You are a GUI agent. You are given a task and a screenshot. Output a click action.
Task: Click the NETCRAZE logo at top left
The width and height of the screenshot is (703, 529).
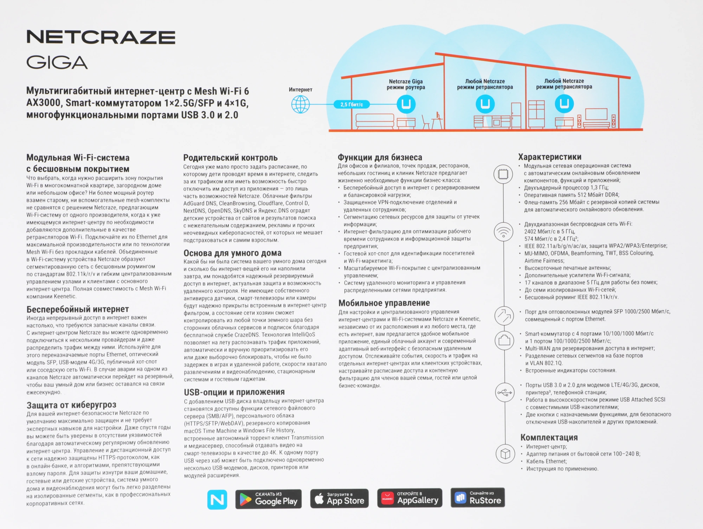(x=101, y=37)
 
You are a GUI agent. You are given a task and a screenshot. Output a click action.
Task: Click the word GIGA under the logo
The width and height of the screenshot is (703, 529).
(x=57, y=63)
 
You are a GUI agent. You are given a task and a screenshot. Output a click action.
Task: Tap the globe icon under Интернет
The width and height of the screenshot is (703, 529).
(x=300, y=104)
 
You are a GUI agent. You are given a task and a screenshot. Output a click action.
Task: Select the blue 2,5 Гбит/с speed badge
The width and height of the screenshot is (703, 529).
(x=351, y=104)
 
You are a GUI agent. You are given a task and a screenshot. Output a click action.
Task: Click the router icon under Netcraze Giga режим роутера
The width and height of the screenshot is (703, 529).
(x=406, y=104)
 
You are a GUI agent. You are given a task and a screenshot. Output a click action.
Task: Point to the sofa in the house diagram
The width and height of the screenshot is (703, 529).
(x=375, y=121)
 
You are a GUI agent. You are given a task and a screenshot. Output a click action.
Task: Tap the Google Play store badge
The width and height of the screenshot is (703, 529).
(x=269, y=499)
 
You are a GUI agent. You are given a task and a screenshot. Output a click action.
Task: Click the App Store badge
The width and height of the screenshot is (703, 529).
(x=339, y=499)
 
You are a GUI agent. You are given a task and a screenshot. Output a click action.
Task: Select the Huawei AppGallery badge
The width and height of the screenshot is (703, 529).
(x=409, y=498)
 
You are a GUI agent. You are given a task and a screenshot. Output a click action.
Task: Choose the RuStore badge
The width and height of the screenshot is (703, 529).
(x=478, y=497)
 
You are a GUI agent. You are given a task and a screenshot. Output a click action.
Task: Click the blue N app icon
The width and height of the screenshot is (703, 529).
(x=217, y=499)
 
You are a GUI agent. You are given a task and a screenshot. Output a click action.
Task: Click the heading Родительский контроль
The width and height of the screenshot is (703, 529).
(x=230, y=157)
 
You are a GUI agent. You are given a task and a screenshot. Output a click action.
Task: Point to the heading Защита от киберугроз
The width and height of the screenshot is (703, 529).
(x=71, y=405)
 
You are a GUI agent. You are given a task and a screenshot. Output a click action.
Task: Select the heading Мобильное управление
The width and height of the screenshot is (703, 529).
(x=384, y=303)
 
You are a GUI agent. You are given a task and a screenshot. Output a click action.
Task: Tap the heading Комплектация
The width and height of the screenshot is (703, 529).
(x=549, y=438)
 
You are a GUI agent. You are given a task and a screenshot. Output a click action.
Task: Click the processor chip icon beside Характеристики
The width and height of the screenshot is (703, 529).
(x=503, y=174)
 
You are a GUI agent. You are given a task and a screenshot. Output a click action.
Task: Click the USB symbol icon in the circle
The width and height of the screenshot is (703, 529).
(x=505, y=392)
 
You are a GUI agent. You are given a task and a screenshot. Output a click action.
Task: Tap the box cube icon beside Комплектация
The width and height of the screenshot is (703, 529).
(x=505, y=454)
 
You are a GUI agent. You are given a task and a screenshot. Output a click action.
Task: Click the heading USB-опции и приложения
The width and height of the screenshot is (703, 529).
(x=234, y=392)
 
